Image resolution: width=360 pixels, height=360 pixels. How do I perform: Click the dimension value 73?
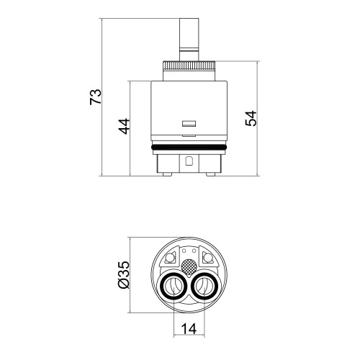(96, 96)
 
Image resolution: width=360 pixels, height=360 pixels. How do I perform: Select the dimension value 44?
(124, 126)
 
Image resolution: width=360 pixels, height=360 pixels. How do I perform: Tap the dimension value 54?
(251, 118)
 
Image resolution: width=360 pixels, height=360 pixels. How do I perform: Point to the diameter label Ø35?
(124, 275)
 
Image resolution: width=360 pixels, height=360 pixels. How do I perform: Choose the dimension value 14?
(189, 328)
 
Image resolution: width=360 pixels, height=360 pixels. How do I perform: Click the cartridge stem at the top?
(189, 40)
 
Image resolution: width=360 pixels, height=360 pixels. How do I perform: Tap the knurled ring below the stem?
(189, 66)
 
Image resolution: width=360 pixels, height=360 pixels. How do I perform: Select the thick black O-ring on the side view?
(189, 147)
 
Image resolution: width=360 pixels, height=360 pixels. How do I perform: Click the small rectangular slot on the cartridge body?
(189, 123)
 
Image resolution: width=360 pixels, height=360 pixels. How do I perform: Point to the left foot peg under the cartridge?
(167, 174)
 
